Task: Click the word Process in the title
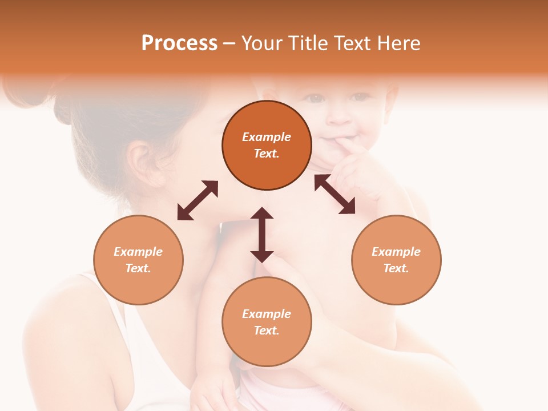[179, 43]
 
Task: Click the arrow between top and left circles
[198, 200]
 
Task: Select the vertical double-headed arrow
[262, 235]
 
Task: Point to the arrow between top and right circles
[335, 194]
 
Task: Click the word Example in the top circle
[267, 137]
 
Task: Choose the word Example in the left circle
[138, 252]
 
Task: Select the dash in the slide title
[229, 43]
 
